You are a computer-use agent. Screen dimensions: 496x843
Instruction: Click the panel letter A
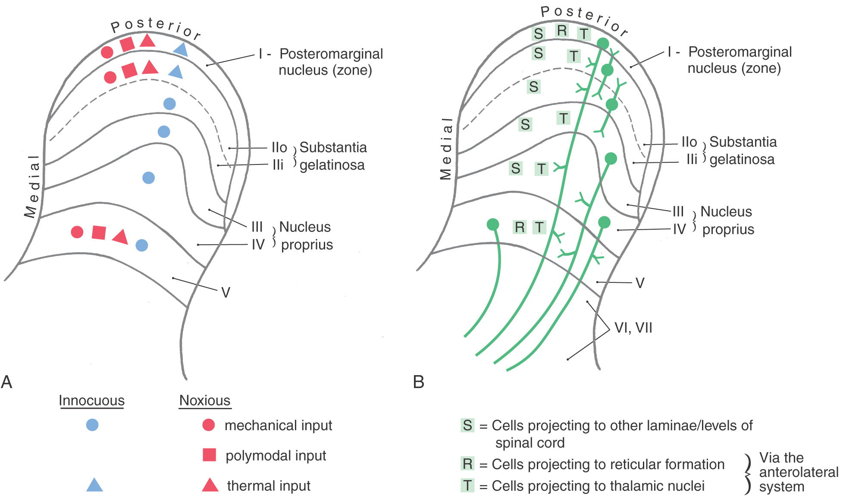point(7,382)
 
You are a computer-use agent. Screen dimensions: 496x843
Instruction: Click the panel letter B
point(418,382)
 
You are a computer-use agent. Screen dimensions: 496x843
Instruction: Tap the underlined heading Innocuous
point(91,401)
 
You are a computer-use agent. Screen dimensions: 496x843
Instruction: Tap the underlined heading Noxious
point(205,401)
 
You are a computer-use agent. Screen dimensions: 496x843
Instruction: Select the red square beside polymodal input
point(209,455)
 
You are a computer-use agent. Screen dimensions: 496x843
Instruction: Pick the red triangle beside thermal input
point(210,486)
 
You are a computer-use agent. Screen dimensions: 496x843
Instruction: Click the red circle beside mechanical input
point(209,425)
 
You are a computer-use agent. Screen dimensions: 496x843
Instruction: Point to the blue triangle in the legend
point(94,485)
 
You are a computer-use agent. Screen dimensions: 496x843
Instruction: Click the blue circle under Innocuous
point(92,425)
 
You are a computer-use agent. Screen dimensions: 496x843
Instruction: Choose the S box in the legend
point(467,425)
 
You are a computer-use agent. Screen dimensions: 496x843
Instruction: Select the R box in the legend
point(467,464)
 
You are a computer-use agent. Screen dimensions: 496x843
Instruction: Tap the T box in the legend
point(467,486)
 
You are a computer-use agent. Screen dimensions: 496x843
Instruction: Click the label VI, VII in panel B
point(633,328)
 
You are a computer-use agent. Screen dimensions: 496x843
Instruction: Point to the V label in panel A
point(226,293)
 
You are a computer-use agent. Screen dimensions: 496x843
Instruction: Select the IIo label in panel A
point(279,148)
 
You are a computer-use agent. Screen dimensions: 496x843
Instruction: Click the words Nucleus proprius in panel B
point(727,221)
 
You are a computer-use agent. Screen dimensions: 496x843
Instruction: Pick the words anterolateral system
point(798,479)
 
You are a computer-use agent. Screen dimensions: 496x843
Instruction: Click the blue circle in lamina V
point(142,245)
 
